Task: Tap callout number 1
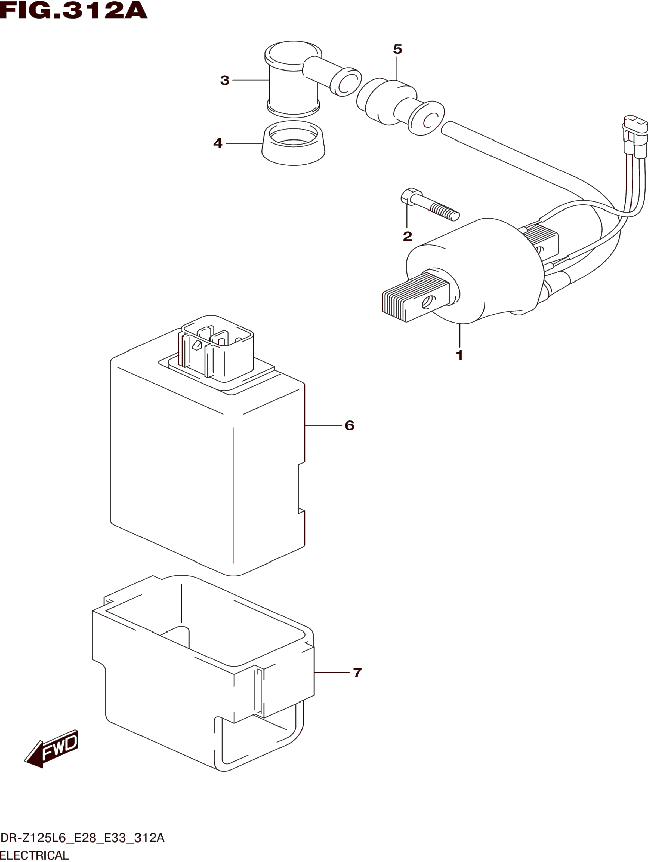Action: click(459, 355)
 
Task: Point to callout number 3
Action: click(225, 81)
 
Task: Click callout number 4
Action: click(218, 143)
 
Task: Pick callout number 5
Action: click(397, 50)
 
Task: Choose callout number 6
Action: click(349, 425)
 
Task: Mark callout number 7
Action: click(357, 673)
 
